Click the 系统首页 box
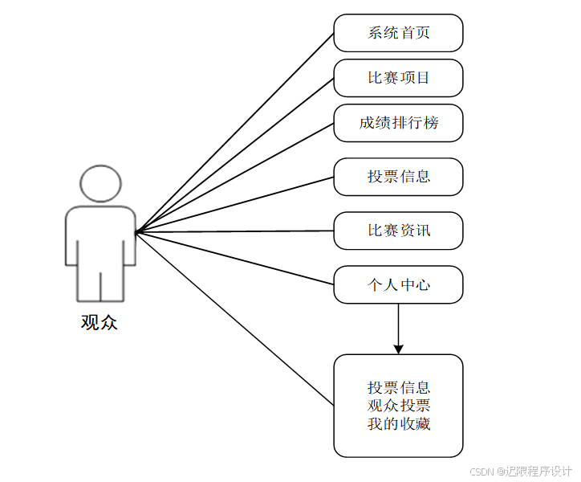point(398,33)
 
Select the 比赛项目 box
point(398,78)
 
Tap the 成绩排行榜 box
point(398,123)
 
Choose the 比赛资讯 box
point(398,231)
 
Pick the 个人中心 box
point(398,284)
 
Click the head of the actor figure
point(100,184)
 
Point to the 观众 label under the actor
point(100,323)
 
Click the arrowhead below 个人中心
point(398,348)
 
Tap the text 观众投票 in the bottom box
point(398,405)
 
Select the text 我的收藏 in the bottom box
point(398,423)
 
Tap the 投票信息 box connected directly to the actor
point(398,177)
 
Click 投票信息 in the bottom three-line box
point(398,387)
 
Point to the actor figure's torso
point(100,237)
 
